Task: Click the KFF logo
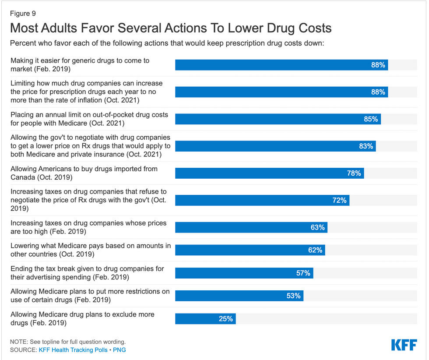404,345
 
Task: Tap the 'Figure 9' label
23,14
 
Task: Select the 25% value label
226,319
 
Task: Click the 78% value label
354,173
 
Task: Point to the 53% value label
293,296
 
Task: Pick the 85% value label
370,119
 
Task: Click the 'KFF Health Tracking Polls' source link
73,350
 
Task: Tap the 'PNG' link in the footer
120,350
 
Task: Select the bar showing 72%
262,201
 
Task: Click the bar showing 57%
244,273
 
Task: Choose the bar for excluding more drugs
205,319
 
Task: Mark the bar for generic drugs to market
281,65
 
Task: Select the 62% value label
315,251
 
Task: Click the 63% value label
317,228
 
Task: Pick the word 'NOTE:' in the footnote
19,342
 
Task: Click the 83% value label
366,146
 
